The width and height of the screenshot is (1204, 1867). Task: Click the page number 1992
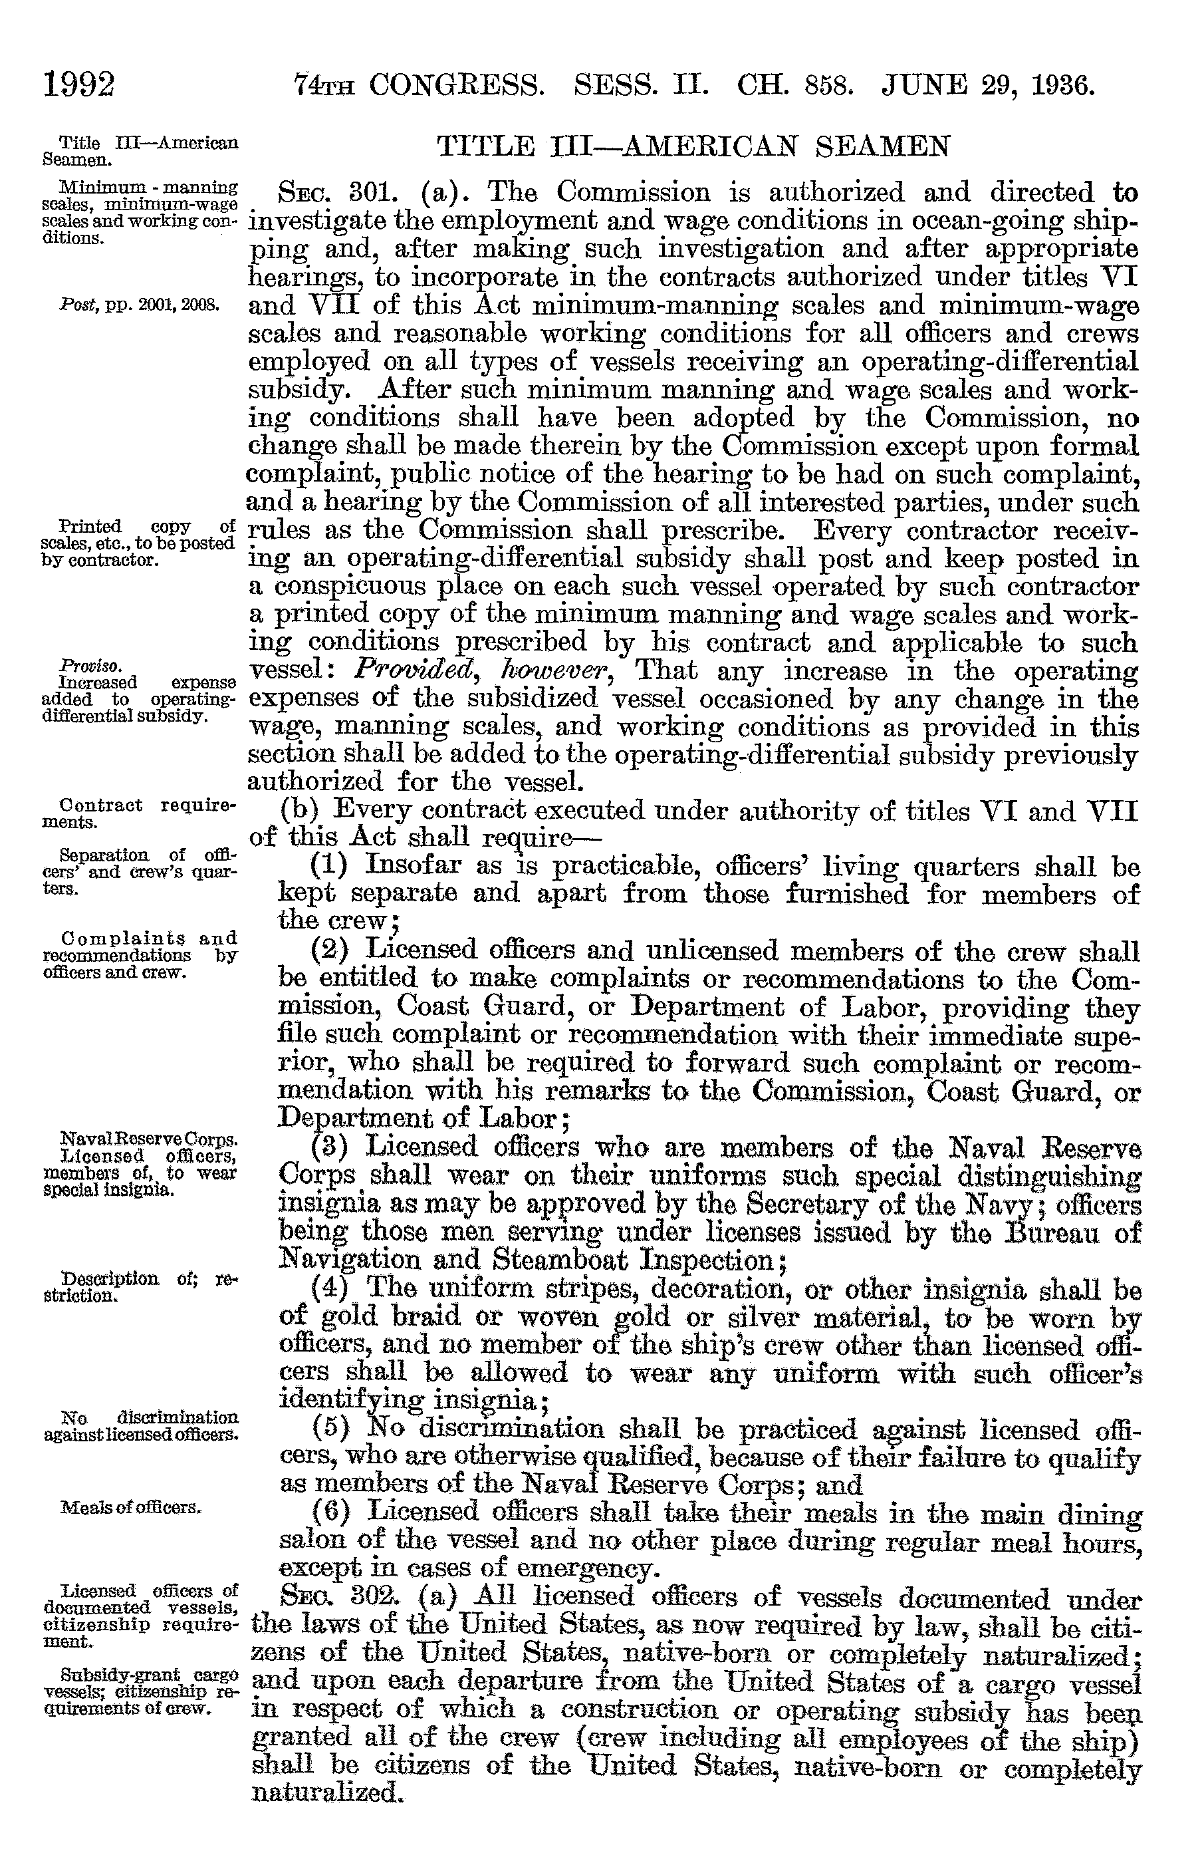point(80,84)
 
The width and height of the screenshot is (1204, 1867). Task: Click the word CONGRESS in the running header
point(457,84)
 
